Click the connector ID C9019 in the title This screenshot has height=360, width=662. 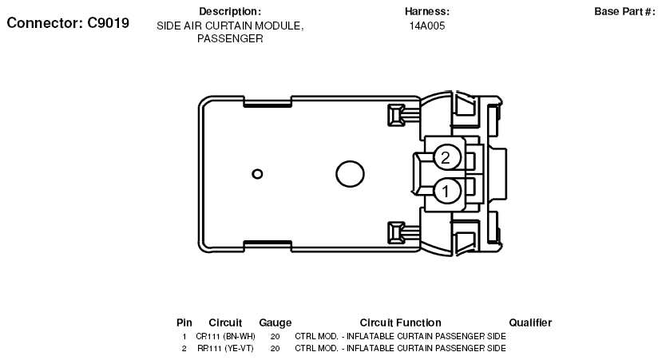(x=104, y=23)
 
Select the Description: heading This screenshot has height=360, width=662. (x=230, y=12)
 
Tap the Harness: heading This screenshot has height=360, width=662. (x=427, y=12)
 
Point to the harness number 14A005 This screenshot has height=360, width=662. (x=427, y=26)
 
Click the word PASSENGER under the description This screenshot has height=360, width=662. (x=230, y=38)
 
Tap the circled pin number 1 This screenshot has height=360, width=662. (x=446, y=190)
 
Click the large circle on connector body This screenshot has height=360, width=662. (x=349, y=174)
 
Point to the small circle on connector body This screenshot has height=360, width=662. (x=257, y=174)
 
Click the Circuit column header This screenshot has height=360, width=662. (x=225, y=322)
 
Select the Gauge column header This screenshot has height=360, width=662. (x=275, y=322)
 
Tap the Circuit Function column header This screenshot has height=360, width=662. (x=400, y=322)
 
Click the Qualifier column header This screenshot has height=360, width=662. (x=530, y=322)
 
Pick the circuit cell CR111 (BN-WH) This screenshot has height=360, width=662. (x=226, y=337)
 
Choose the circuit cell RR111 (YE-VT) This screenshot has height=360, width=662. (x=226, y=349)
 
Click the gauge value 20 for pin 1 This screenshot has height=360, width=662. (x=275, y=337)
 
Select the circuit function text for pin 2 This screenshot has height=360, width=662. (x=400, y=349)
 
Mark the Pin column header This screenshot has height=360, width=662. (x=184, y=322)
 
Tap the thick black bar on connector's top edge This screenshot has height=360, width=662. (x=268, y=105)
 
